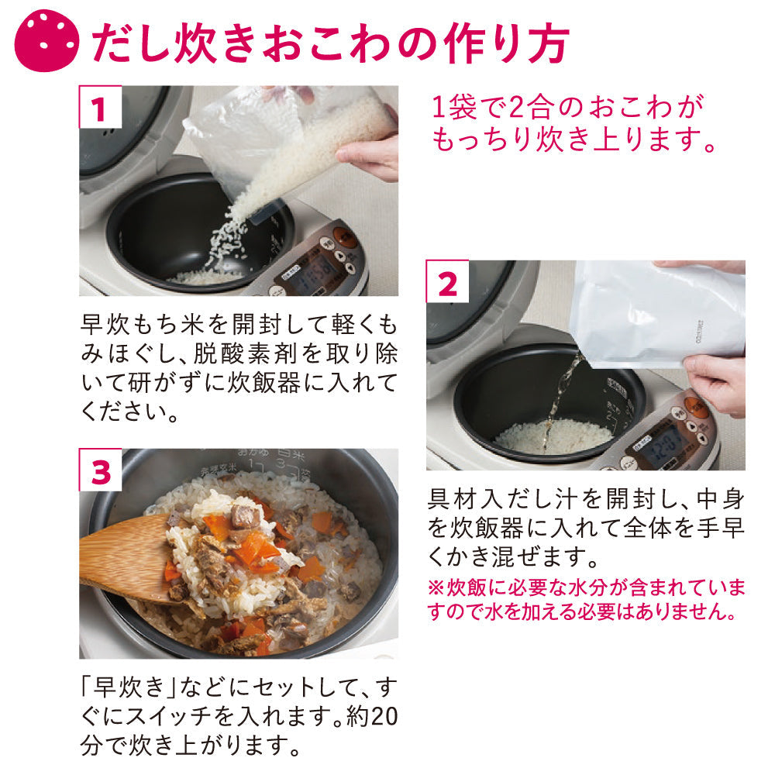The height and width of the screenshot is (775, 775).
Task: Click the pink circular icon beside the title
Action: pyautogui.click(x=46, y=40)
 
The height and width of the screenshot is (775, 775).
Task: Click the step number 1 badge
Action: pyautogui.click(x=100, y=107)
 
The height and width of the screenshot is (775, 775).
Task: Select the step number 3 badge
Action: pyautogui.click(x=100, y=470)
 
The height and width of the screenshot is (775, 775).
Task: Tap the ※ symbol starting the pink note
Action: pyautogui.click(x=436, y=588)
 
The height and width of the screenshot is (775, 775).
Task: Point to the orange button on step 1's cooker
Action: pyautogui.click(x=345, y=236)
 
